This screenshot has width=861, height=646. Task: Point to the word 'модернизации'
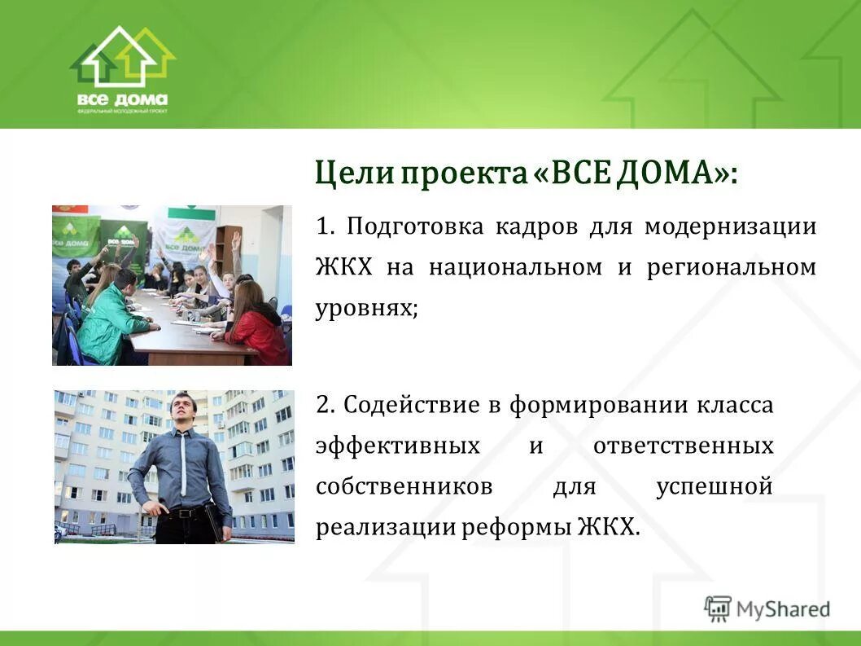point(730,226)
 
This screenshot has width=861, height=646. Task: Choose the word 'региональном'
point(731,268)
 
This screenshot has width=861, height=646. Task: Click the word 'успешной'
point(713,487)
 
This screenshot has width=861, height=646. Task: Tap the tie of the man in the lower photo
point(185,464)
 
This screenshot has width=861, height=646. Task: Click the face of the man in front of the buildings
point(184,411)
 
